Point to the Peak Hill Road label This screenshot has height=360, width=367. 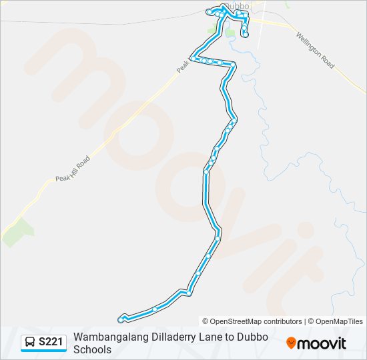click(x=73, y=169)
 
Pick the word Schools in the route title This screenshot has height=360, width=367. click(x=93, y=349)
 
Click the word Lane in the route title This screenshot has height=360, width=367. click(x=202, y=337)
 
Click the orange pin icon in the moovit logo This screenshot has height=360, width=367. click(x=291, y=343)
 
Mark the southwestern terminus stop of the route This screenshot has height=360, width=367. click(x=120, y=320)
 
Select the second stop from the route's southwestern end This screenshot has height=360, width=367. click(x=155, y=309)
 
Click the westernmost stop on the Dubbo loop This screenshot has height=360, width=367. click(x=209, y=12)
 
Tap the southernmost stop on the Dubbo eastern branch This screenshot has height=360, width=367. click(x=246, y=34)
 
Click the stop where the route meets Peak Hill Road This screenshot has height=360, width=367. click(x=192, y=59)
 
